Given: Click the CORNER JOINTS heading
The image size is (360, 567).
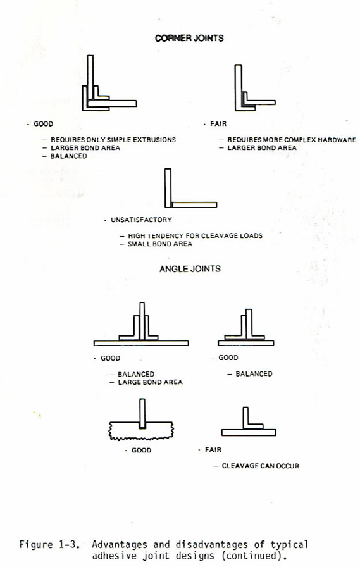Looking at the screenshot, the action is tap(189, 38).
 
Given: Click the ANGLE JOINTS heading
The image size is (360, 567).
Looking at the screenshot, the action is tap(190, 269).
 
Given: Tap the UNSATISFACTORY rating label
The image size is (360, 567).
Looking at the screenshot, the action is tap(141, 220).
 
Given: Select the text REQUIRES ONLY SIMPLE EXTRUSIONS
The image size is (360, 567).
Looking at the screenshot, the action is tap(113, 140).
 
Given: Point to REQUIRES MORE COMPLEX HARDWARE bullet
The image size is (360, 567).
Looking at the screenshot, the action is tap(291, 140).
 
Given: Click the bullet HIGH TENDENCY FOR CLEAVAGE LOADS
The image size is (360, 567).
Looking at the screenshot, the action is tap(195, 235).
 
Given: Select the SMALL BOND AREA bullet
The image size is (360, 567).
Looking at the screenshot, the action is tap(160, 244).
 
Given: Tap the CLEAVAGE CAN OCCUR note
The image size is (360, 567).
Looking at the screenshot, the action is tap(260, 466).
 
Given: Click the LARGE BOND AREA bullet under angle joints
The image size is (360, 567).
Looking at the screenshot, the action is tap(150, 382).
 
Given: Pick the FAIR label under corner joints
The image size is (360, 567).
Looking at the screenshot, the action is tap(218, 123).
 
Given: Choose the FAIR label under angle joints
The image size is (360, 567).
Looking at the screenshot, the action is tap(213, 449).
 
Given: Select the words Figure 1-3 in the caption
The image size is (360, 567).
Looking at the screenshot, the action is tap(49, 545).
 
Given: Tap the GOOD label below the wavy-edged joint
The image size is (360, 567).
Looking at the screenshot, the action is tap(141, 450).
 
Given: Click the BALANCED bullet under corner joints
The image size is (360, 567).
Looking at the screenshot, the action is tap(69, 156).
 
